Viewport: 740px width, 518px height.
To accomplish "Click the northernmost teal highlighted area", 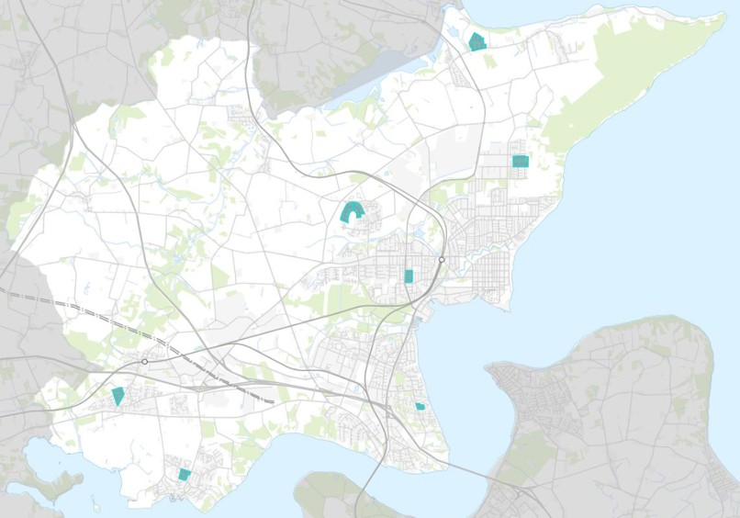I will tap(477, 42).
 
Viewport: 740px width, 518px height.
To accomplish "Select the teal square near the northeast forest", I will tap(521, 161).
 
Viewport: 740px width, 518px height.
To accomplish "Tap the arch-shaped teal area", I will tap(351, 213).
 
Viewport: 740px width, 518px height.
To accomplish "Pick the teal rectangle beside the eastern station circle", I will tap(409, 276).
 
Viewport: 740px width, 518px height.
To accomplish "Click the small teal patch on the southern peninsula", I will tap(420, 406).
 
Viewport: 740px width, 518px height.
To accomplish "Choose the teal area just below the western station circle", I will tap(118, 396).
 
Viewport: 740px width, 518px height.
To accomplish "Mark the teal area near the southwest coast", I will tap(185, 474).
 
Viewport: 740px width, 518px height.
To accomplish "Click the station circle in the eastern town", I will tap(442, 261).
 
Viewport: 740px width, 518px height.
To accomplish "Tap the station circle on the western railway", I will tap(145, 362).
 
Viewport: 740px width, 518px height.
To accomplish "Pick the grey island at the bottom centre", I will tap(331, 496).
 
